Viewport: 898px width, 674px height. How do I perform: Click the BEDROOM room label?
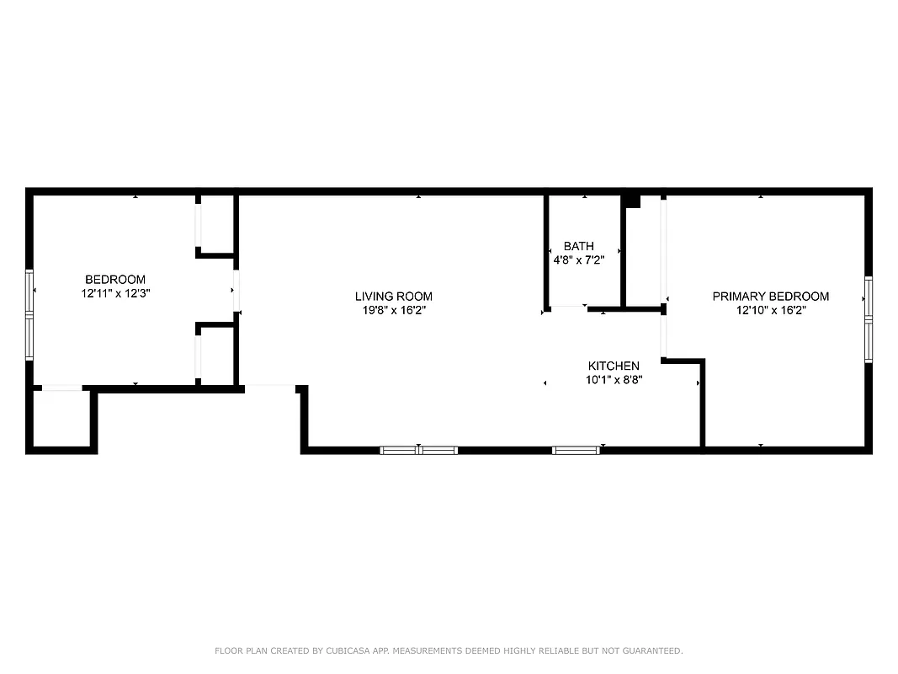coord(115,280)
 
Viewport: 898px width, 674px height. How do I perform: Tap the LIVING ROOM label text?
coord(393,297)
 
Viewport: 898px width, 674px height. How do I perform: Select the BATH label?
coord(578,247)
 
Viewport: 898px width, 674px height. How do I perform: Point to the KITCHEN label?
coord(614,366)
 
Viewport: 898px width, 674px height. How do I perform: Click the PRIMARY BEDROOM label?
coord(770,297)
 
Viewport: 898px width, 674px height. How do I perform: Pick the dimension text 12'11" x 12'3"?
coord(115,293)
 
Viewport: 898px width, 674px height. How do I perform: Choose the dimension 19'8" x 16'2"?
coord(393,310)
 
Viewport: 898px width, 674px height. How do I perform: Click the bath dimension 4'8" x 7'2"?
coord(578,260)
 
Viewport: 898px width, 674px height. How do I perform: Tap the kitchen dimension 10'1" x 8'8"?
coord(614,380)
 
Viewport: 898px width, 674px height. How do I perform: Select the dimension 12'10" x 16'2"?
coord(770,310)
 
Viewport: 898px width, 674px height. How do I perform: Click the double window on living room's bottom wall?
coord(419,450)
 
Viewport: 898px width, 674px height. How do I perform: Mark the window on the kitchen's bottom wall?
coord(577,450)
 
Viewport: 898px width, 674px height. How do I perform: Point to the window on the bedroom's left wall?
coord(29,314)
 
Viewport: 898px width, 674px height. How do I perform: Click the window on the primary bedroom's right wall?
coord(869,318)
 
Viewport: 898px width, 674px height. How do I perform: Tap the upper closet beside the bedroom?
coord(217,223)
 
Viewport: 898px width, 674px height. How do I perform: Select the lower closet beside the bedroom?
coord(217,354)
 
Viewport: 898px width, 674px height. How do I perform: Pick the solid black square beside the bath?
coord(631,201)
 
